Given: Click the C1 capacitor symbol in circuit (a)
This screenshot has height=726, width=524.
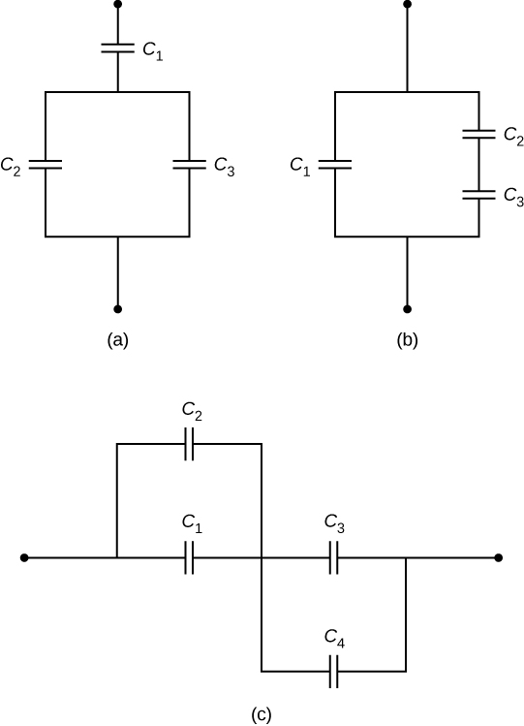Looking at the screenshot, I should tap(117, 47).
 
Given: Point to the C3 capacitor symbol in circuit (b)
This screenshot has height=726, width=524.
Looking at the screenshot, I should tap(478, 194).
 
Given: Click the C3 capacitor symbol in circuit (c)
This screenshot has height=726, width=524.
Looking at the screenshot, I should tap(333, 558).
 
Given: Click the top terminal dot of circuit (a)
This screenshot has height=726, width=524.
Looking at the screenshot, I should tap(117, 4).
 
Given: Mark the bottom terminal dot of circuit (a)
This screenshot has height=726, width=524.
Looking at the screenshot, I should tap(117, 309).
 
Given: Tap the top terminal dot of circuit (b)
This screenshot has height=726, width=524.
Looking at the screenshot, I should tap(407, 4).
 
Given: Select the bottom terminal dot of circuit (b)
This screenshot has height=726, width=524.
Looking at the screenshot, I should tap(407, 309).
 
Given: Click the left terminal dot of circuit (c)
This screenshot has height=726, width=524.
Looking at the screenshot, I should tap(23, 558).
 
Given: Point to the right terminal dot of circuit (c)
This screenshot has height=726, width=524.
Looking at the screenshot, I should tap(498, 558).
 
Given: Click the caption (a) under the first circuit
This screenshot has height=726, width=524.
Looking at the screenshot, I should tap(117, 340).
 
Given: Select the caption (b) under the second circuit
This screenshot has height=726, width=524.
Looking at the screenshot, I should tap(407, 340).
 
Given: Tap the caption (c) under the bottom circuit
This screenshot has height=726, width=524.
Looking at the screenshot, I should tap(262, 715).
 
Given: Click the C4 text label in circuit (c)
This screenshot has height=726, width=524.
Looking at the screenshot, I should tap(334, 639).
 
